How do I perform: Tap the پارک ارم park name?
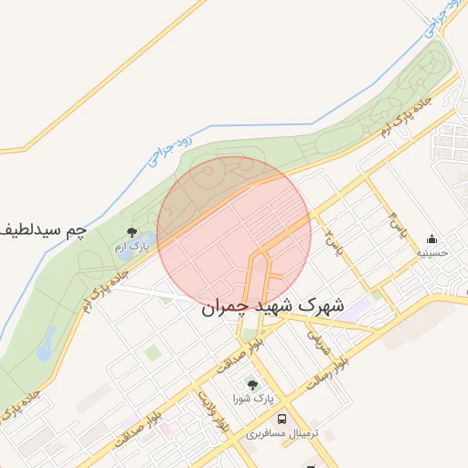133,247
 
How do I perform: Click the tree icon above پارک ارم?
133,232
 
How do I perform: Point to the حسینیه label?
431,252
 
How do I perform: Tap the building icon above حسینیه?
431,239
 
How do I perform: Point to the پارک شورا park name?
252,399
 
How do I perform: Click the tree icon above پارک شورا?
252,385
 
